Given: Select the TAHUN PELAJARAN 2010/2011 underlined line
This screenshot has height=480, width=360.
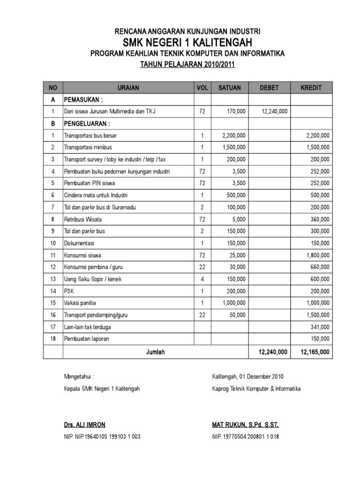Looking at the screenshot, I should (x=187, y=65).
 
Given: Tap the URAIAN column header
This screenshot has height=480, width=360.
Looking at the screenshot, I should (x=128, y=88).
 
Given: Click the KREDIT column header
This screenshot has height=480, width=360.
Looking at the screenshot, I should (x=311, y=88).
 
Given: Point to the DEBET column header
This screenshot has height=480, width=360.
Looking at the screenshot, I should (x=269, y=88).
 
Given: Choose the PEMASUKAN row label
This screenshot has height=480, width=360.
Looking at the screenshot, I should (x=83, y=100).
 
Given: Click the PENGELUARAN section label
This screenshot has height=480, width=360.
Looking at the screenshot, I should (x=87, y=124).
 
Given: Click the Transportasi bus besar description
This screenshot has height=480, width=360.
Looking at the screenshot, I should (x=90, y=136).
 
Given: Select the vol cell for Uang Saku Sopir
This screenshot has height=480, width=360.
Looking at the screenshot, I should (x=202, y=279).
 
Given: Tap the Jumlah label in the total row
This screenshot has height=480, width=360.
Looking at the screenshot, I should (x=155, y=352).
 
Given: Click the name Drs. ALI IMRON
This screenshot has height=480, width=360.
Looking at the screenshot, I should (x=84, y=425).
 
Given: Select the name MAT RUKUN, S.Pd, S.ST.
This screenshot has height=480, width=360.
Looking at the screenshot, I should (x=245, y=425).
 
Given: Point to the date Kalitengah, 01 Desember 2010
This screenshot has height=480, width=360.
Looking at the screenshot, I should (x=247, y=376).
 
